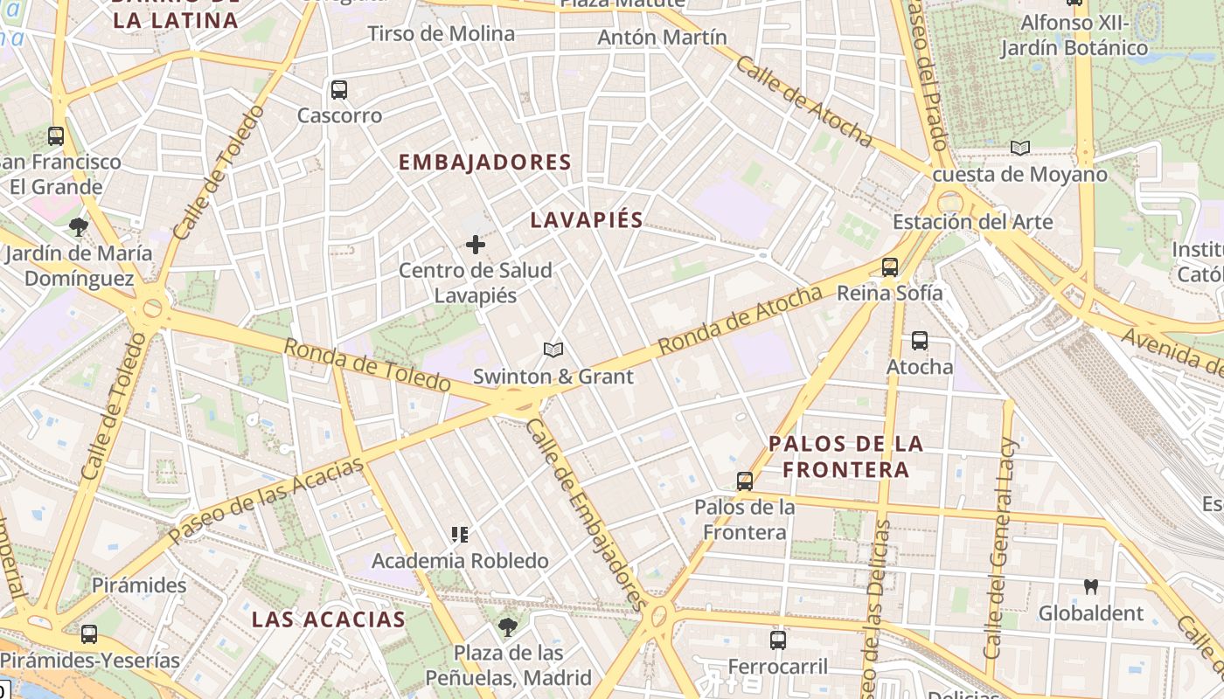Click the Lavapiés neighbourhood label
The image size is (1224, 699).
pyautogui.click(x=587, y=220)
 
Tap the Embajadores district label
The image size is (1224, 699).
pyautogui.click(x=484, y=163)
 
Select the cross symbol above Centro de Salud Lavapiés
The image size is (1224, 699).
pyautogui.click(x=476, y=245)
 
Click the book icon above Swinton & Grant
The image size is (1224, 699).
pyautogui.click(x=553, y=350)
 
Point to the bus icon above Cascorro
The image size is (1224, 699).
pyautogui.click(x=339, y=89)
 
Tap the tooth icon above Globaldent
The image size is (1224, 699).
pyautogui.click(x=1090, y=586)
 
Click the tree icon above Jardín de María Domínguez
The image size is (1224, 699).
pyautogui.click(x=79, y=228)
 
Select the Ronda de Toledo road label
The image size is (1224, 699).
pyautogui.click(x=367, y=364)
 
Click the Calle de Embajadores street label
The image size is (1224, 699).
pyautogui.click(x=587, y=514)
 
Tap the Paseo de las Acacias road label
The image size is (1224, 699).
pyautogui.click(x=266, y=501)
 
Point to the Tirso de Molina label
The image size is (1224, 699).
pyautogui.click(x=441, y=34)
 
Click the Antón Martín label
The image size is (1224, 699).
pyautogui.click(x=662, y=38)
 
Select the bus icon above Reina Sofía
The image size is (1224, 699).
pyautogui.click(x=890, y=267)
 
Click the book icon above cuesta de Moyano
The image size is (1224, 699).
pyautogui.click(x=1019, y=148)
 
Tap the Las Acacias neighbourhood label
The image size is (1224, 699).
pyautogui.click(x=329, y=619)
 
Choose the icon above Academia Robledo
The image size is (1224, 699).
pyautogui.click(x=460, y=535)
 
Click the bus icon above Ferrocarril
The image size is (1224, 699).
pyautogui.click(x=778, y=640)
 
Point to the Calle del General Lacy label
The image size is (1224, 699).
pyautogui.click(x=1002, y=548)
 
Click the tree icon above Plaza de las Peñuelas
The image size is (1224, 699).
pyautogui.click(x=507, y=626)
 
